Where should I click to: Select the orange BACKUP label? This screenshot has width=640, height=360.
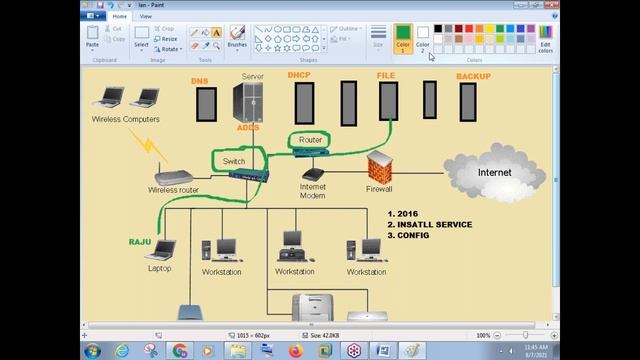pos(473,76)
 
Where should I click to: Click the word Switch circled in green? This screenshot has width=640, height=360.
pos(234,161)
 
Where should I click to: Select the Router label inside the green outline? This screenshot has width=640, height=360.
pos(310,140)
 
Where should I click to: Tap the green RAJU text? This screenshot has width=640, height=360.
pos(139,242)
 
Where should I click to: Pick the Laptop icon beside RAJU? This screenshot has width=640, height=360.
pos(160,250)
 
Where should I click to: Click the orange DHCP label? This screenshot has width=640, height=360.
pos(299,75)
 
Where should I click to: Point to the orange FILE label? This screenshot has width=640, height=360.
pos(385,75)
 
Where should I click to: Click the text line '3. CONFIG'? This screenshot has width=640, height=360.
pos(410,235)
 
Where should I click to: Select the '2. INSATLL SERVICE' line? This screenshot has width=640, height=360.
pos(429,224)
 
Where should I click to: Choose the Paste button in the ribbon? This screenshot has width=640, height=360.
pos(92,37)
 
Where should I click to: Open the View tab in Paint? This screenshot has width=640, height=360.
pos(146,16)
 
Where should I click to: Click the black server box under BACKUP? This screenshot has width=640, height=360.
pos(468,101)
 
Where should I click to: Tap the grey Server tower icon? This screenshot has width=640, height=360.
pos(247,103)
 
